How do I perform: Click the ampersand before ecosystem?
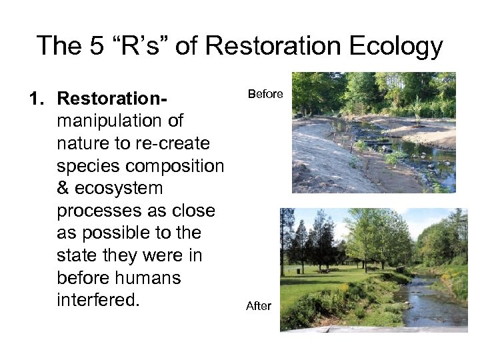(64, 189)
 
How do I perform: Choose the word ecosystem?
(120, 189)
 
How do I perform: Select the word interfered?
(99, 300)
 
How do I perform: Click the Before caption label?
(265, 95)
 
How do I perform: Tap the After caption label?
(259, 306)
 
